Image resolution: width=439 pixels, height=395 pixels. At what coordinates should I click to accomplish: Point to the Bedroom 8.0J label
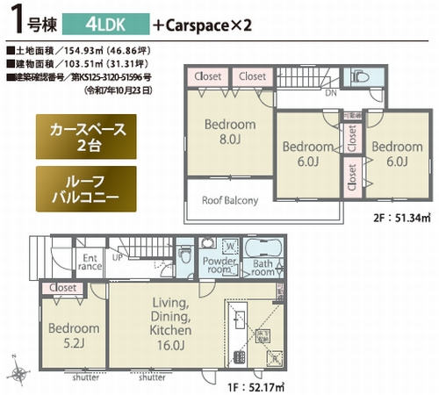coord(229,132)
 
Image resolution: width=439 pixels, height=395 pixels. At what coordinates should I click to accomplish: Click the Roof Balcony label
coord(229,200)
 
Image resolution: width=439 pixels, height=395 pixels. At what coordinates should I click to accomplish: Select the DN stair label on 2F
coord(330,93)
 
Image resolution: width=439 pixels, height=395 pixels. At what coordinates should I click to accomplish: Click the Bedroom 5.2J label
coord(73,336)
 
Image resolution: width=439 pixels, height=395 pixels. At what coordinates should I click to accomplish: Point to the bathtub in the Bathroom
coord(263,246)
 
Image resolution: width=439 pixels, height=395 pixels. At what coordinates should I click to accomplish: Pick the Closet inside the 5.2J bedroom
coord(62,287)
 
